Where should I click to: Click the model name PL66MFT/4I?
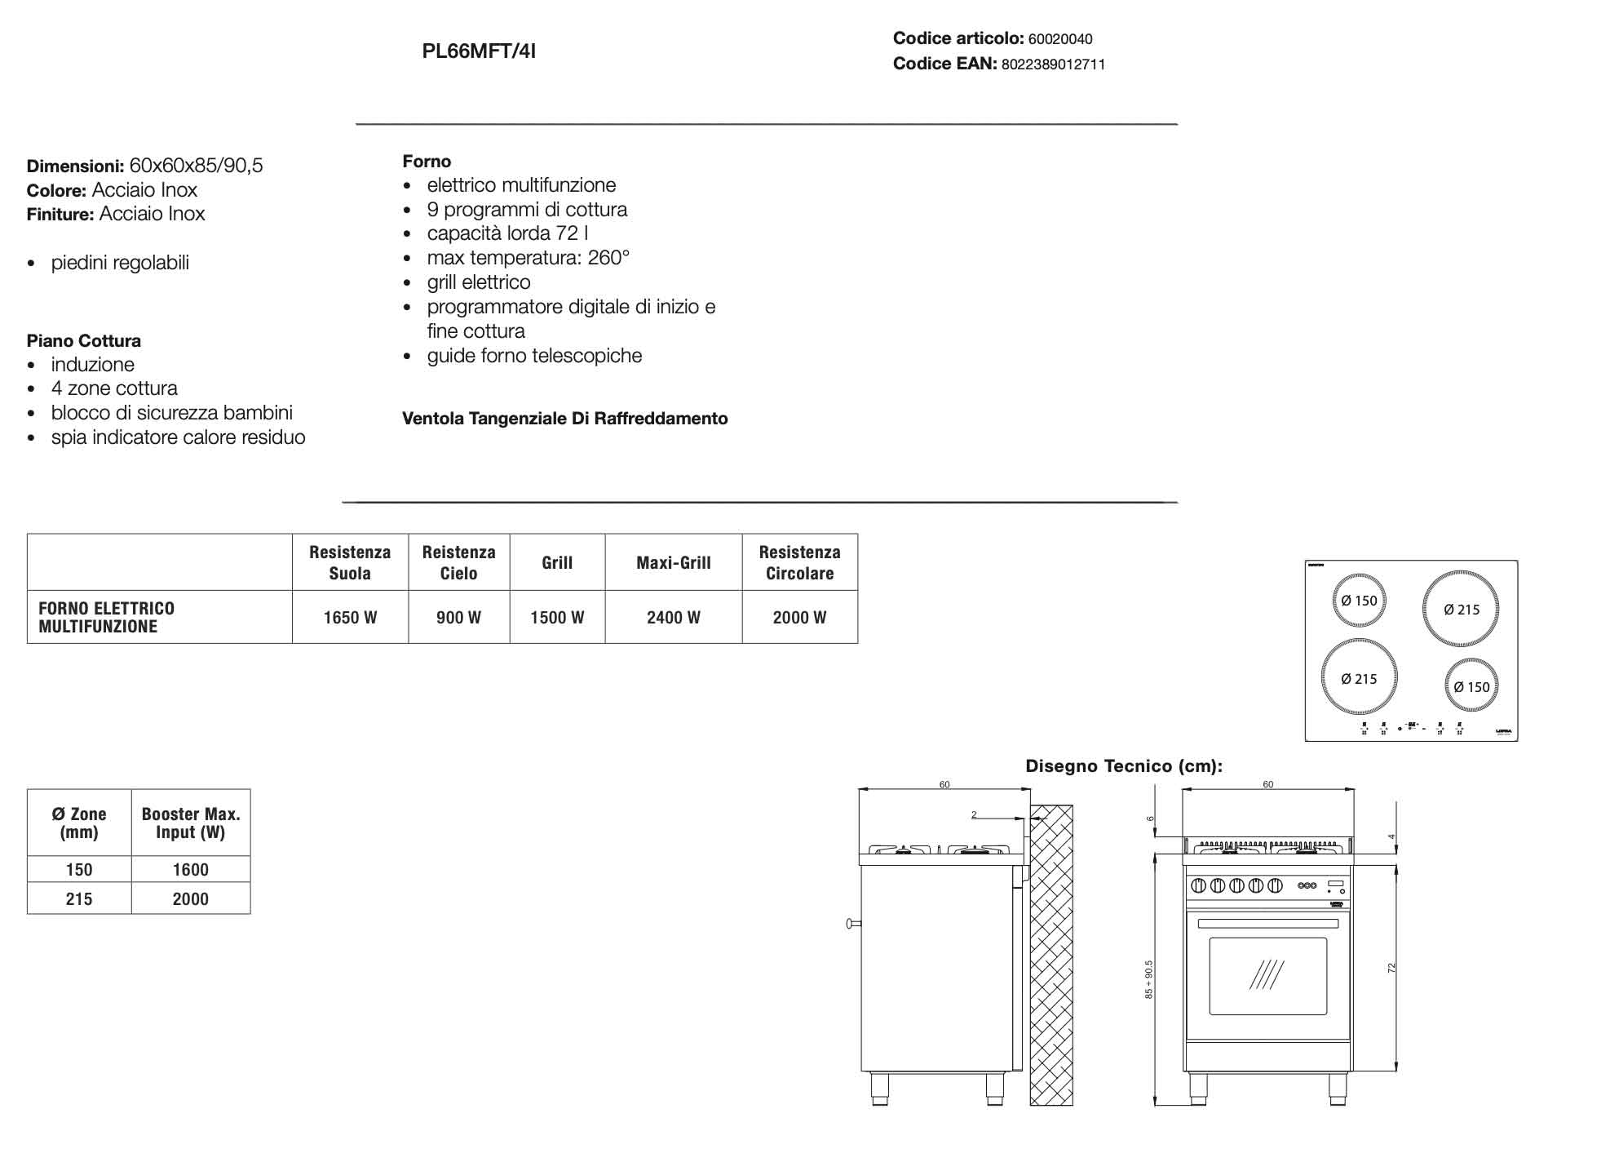(x=479, y=51)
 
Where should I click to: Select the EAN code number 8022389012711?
(x=1053, y=64)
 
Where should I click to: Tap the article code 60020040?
(x=1060, y=39)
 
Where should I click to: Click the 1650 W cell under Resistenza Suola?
(x=350, y=618)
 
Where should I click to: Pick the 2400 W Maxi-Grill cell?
(x=673, y=618)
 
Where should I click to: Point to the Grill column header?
(x=557, y=562)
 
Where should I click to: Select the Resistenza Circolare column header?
(x=799, y=562)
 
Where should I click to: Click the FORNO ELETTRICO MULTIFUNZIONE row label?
(x=107, y=618)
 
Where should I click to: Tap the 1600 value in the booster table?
(x=190, y=870)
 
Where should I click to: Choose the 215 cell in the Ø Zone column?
(x=79, y=899)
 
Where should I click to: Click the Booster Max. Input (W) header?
(x=190, y=823)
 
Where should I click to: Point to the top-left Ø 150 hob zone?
(x=1359, y=601)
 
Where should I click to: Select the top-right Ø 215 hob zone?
(x=1461, y=610)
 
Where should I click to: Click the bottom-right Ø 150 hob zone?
(x=1471, y=687)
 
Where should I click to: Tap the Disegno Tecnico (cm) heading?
(x=1124, y=766)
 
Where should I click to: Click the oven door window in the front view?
(x=1267, y=976)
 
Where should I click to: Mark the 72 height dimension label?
(x=1392, y=968)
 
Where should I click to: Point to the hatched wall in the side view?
(x=1051, y=955)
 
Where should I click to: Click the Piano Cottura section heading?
(x=84, y=341)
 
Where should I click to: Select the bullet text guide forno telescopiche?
(x=534, y=356)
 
